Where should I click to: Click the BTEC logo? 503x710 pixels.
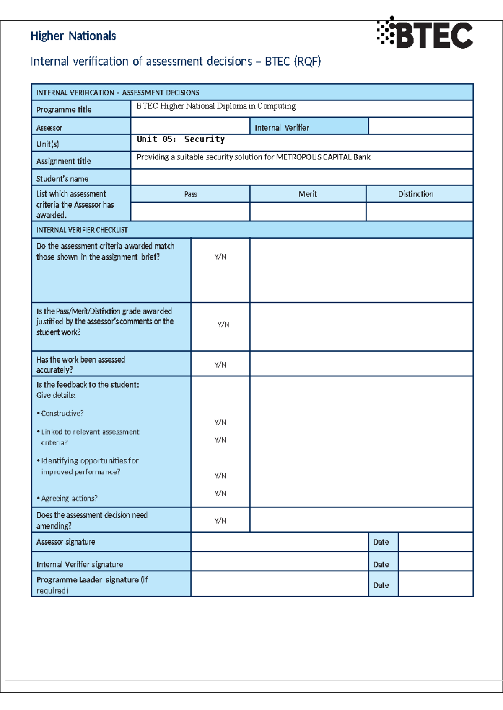(425, 34)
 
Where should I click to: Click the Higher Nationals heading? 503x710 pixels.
(73, 36)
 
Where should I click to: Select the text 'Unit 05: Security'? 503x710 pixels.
(181, 139)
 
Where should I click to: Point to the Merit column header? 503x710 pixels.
(308, 194)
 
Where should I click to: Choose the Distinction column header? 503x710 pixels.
(415, 194)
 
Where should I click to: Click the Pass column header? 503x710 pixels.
(190, 194)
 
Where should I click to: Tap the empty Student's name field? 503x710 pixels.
(301, 177)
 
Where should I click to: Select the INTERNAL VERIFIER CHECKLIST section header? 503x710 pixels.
(82, 230)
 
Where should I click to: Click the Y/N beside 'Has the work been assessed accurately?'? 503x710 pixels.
(220, 365)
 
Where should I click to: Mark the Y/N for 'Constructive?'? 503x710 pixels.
(220, 422)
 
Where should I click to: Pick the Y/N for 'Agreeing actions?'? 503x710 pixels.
(220, 494)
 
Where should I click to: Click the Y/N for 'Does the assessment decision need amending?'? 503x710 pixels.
(220, 521)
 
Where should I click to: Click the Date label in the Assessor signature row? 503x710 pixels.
(381, 542)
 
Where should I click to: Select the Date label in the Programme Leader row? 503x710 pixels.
(381, 585)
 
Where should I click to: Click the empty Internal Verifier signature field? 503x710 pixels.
(279, 562)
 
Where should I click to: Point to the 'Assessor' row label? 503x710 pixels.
(49, 128)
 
